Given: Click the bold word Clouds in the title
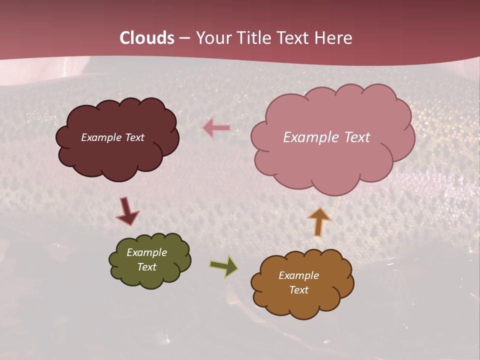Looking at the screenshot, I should tap(147, 38).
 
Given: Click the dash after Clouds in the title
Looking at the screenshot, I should tap(184, 38).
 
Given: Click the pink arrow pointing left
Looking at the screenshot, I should tap(216, 128).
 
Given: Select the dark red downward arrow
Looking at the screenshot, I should tap(127, 211).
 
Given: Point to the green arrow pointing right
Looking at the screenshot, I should tap(223, 266).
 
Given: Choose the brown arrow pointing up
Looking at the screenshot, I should tap(318, 221).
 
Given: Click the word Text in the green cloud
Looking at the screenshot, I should tap(147, 267).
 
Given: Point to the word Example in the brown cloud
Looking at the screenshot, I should tap(298, 275).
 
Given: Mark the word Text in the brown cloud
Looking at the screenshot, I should tap(298, 290).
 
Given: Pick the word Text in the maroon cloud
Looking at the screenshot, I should tap(134, 137).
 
